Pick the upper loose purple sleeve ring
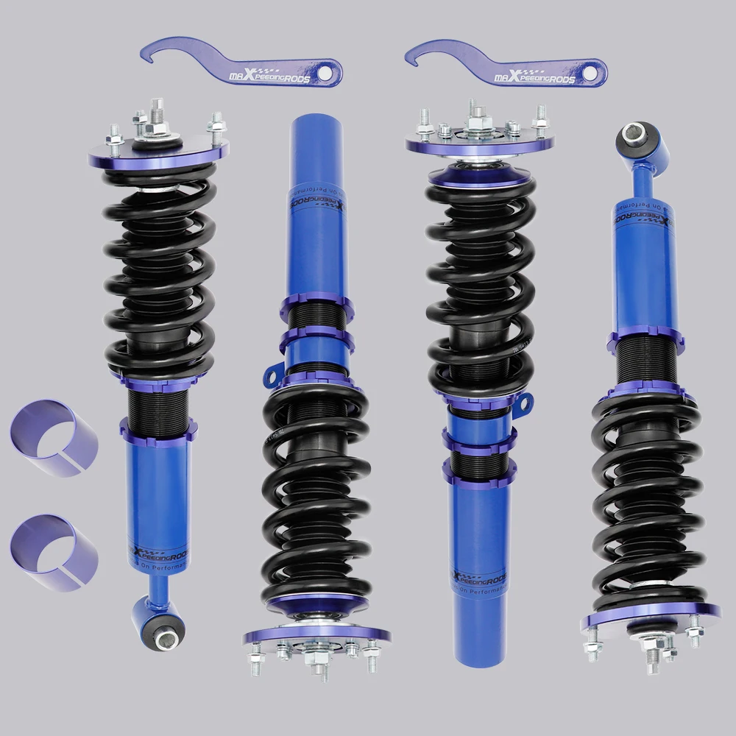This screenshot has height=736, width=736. pos(54,438)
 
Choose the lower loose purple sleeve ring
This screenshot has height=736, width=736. pos(54,552)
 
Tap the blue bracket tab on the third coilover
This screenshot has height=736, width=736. pos(523,402)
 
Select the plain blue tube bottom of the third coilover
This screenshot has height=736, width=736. pos(481,618)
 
